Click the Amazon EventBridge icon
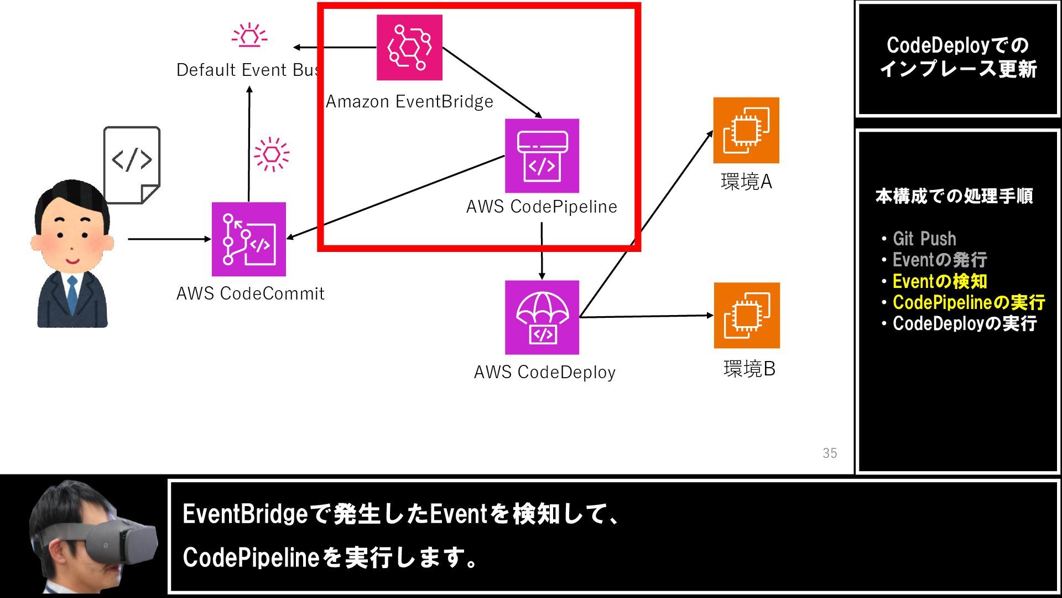click(x=409, y=48)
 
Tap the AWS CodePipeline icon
click(x=542, y=156)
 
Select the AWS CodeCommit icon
click(x=249, y=239)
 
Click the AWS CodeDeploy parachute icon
click(x=542, y=317)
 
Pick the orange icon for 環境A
click(x=746, y=130)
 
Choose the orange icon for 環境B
click(x=747, y=316)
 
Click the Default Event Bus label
click(x=247, y=70)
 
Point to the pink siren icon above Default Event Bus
click(x=249, y=34)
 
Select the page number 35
click(x=830, y=453)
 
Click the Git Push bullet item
click(x=924, y=239)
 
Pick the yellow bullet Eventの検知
click(x=940, y=281)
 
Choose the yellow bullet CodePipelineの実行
click(x=969, y=302)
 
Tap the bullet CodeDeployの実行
click(x=965, y=323)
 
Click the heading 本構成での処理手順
click(x=954, y=196)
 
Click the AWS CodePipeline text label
click(x=542, y=207)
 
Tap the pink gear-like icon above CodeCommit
click(x=272, y=154)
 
